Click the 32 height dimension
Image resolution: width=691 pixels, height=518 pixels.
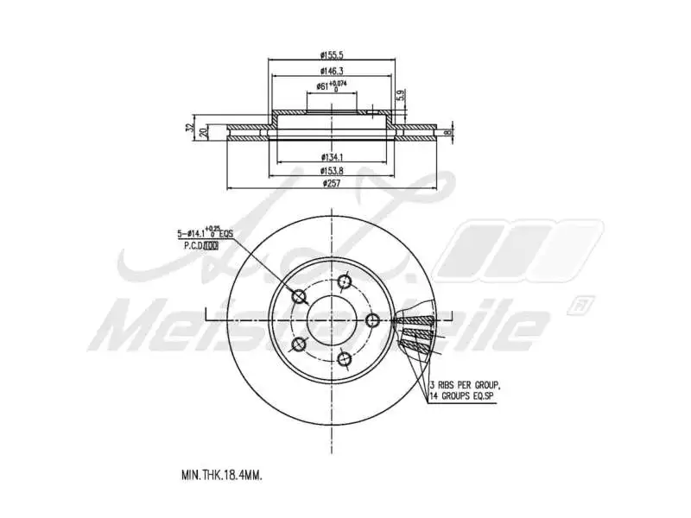[x=189, y=128]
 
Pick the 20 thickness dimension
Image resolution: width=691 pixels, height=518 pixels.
[x=203, y=132]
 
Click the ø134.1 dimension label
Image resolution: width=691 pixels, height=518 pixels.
[x=332, y=156]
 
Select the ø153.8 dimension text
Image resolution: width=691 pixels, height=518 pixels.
[x=332, y=170]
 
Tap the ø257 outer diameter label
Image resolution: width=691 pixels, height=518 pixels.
[x=332, y=184]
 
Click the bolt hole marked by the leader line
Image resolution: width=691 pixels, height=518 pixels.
[x=300, y=297]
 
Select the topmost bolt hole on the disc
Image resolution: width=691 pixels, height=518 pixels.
[x=345, y=281]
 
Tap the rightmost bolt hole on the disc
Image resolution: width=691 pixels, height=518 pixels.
[x=372, y=320]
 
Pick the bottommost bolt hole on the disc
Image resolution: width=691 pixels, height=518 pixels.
[x=344, y=358]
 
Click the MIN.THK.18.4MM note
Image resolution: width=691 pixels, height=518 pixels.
[x=222, y=475]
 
